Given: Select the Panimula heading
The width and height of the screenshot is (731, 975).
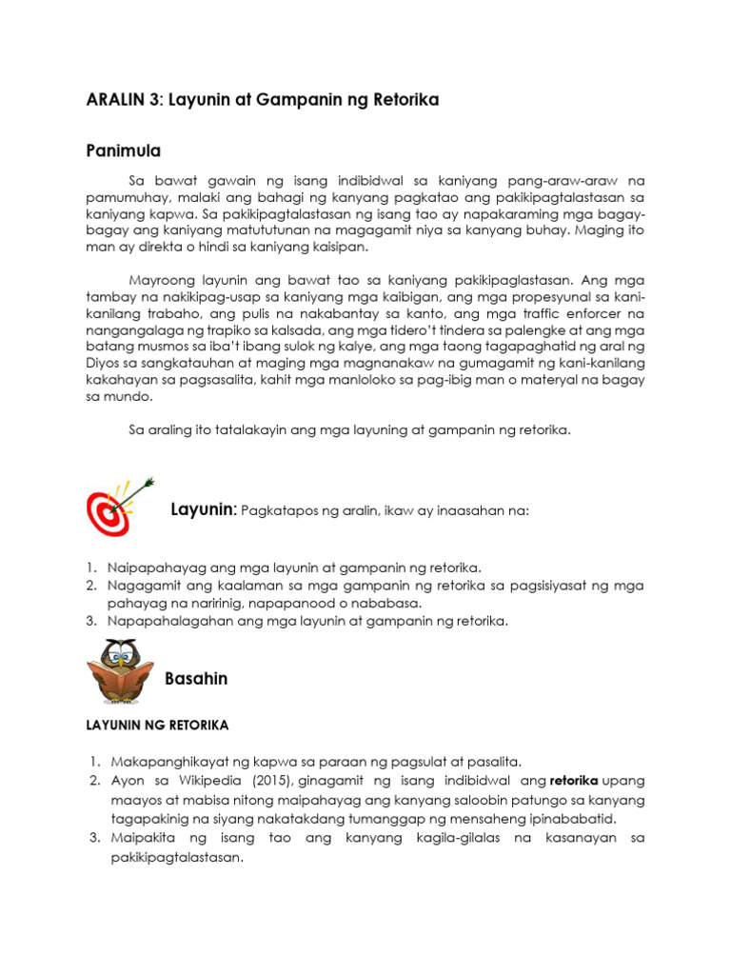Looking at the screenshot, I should pos(123,150).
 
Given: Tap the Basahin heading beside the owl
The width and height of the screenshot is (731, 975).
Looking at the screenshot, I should pos(196,679).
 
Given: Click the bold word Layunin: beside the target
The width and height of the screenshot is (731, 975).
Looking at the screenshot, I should pos(203,510).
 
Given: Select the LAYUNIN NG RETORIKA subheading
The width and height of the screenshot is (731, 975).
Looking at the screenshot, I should pos(158,725).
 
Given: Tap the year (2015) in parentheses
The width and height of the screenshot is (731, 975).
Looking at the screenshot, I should pos(267,781).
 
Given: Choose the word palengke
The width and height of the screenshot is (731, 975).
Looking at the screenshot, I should pos(510,331).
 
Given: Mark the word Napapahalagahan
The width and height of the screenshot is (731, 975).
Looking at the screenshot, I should pos(170,622).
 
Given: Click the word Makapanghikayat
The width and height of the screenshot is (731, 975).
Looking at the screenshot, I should pos(166,762).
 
